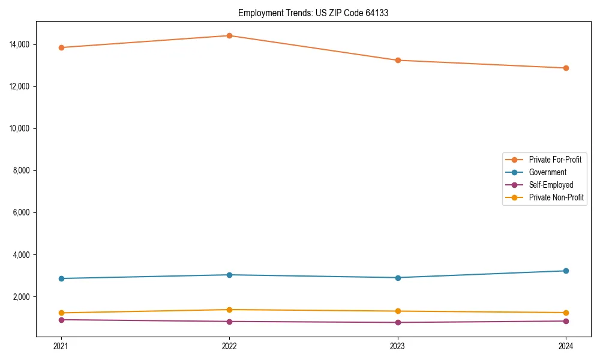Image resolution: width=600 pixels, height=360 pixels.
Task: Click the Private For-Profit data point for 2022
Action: click(x=229, y=35)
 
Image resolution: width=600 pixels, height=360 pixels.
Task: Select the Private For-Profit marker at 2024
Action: click(x=566, y=68)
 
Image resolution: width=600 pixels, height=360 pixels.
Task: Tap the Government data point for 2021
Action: click(x=61, y=278)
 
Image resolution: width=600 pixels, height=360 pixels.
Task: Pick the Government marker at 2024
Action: click(x=566, y=271)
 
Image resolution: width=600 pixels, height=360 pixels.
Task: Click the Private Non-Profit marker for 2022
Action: click(x=229, y=310)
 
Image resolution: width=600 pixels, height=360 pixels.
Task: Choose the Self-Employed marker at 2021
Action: click(x=61, y=320)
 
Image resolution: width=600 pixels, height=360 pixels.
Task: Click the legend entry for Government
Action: click(x=547, y=172)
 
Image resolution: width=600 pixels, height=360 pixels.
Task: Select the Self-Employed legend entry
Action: click(x=551, y=185)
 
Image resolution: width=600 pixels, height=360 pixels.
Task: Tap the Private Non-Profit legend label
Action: click(x=556, y=197)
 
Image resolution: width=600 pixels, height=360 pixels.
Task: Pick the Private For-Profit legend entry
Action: click(x=555, y=160)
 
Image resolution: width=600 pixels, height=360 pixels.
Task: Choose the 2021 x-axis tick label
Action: click(x=61, y=346)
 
